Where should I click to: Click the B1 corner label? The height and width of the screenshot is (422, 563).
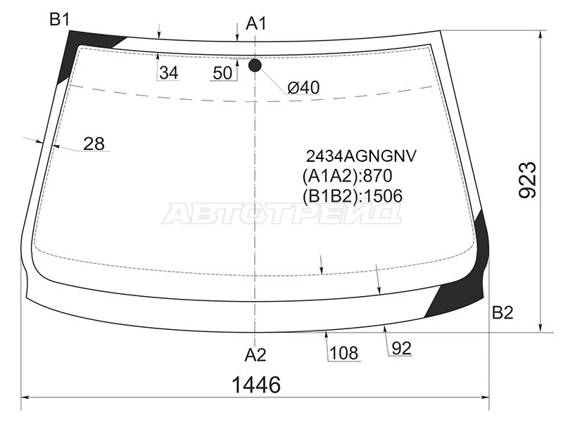tap(59, 20)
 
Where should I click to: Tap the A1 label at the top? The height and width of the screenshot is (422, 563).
tap(256, 24)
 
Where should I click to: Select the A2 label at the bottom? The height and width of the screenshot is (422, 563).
tap(255, 354)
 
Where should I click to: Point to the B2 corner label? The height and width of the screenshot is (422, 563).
tap(502, 314)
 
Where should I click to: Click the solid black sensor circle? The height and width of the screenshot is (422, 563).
tap(255, 65)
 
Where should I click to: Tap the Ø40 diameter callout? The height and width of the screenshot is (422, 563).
tap(303, 87)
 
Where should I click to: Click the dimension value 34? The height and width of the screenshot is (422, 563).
tap(168, 72)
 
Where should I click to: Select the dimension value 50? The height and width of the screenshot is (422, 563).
tap(222, 72)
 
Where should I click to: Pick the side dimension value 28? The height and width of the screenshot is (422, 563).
tap(94, 144)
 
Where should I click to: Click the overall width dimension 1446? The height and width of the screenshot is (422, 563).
tap(256, 385)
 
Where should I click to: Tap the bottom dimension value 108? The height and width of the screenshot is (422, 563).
tap(343, 353)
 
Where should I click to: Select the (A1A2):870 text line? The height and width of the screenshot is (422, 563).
tap(346, 176)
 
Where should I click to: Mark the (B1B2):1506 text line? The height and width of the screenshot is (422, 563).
tap(352, 196)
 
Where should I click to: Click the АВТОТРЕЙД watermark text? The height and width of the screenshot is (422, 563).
tap(281, 214)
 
